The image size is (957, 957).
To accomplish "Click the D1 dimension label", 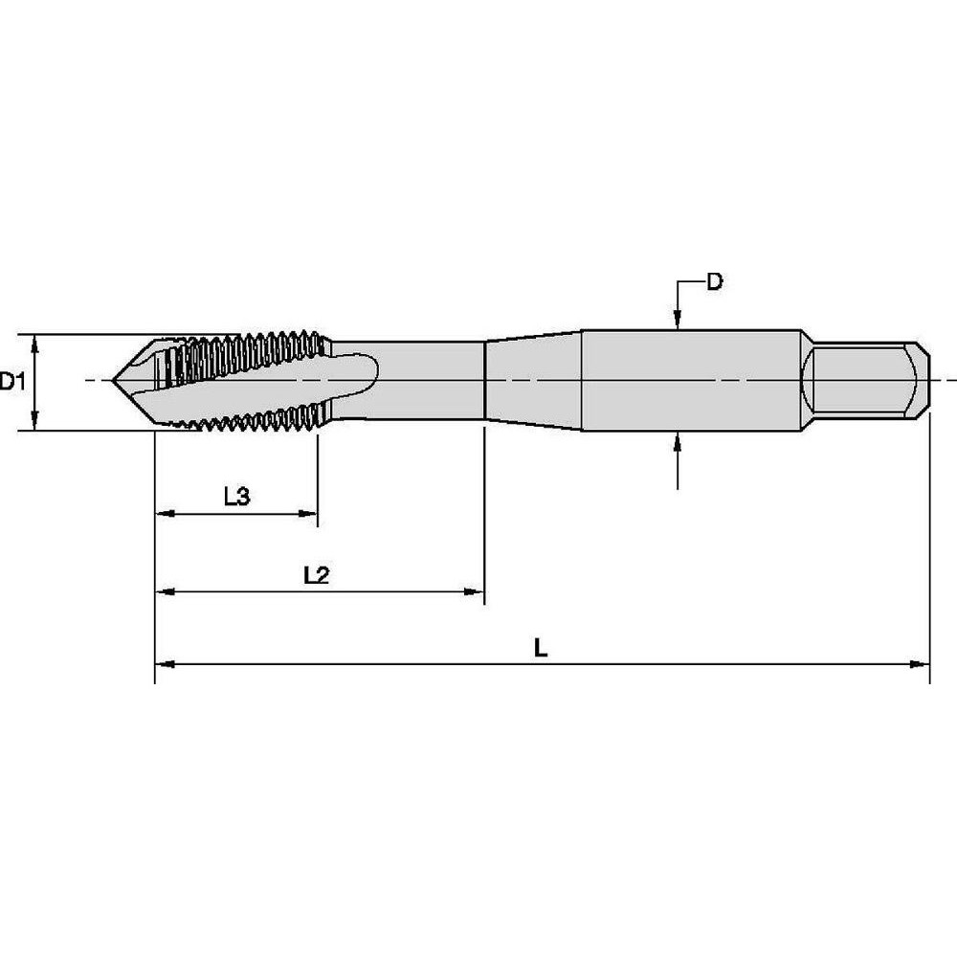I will pyautogui.click(x=12, y=383).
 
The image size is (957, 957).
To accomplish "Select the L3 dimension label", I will pyautogui.click(x=236, y=497).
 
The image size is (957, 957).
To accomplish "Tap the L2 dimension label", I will pyautogui.click(x=316, y=575).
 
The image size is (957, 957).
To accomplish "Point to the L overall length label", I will pyautogui.click(x=541, y=648).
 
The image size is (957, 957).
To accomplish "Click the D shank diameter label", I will pyautogui.click(x=714, y=281).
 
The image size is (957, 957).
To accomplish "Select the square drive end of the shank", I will pyautogui.click(x=866, y=381).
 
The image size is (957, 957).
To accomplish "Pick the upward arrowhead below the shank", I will pyautogui.click(x=678, y=441).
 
